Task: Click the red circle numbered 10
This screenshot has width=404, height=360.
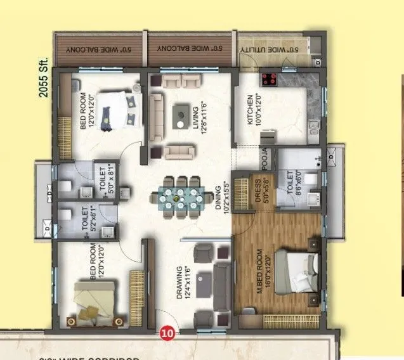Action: point(167,331)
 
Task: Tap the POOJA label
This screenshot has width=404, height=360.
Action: point(265,157)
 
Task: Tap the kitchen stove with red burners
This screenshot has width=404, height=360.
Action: point(268,80)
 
